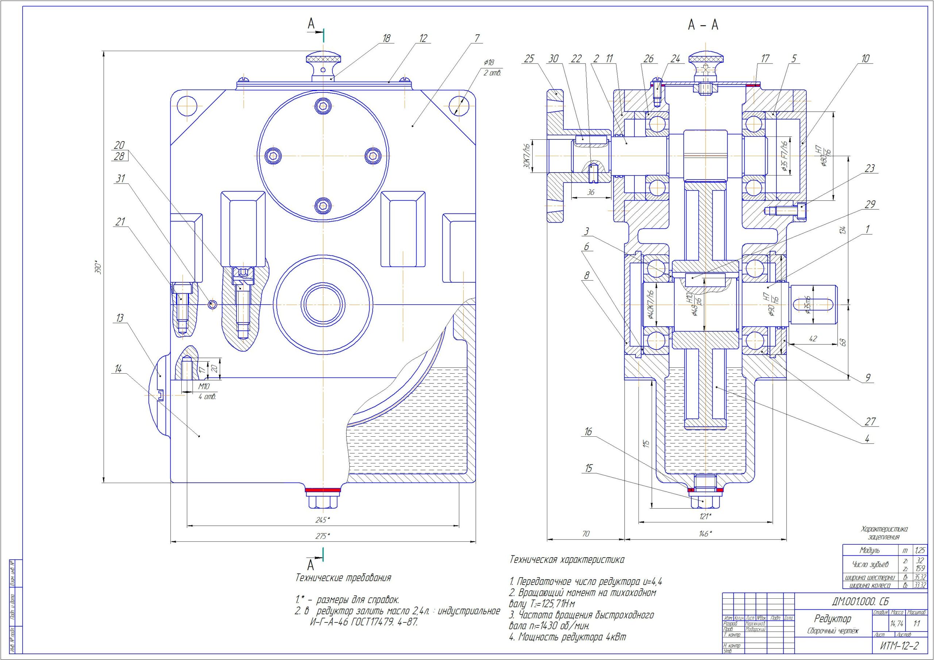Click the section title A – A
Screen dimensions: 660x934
click(703, 26)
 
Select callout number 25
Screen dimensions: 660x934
click(528, 59)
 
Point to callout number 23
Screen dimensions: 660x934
click(869, 169)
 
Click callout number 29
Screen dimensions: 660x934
click(870, 204)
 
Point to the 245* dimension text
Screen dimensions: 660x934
click(323, 520)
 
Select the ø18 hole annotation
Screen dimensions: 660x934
click(489, 62)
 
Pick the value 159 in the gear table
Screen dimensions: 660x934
click(920, 568)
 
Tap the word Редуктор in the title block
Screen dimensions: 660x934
click(832, 619)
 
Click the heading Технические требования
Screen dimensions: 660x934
click(343, 578)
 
